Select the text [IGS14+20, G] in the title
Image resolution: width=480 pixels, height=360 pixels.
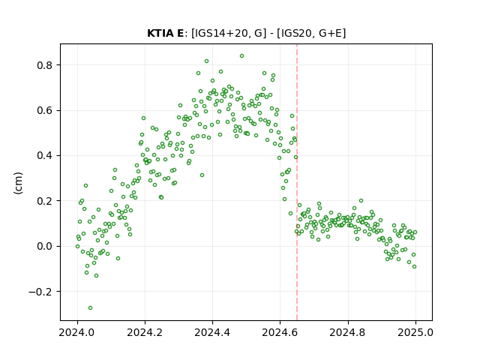click(x=229, y=33)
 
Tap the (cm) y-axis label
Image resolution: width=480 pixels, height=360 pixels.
click(x=18, y=183)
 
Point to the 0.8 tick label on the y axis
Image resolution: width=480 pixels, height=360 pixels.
click(x=44, y=65)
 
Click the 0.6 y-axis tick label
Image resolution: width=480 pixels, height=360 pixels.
click(x=44, y=110)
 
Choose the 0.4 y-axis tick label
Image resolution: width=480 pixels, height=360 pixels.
click(x=44, y=155)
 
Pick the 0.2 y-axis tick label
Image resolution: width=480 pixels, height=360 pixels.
click(x=44, y=201)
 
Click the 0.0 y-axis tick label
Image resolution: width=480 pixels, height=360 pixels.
click(x=44, y=246)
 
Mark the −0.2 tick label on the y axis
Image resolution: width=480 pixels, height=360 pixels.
click(x=40, y=292)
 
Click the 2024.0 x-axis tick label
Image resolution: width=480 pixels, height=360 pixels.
click(x=77, y=332)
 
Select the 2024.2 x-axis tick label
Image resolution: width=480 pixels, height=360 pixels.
click(x=145, y=332)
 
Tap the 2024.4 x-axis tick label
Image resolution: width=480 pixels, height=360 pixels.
click(x=212, y=332)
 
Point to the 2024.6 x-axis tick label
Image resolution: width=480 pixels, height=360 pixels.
click(x=280, y=332)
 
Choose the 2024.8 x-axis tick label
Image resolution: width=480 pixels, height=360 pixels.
click(x=348, y=332)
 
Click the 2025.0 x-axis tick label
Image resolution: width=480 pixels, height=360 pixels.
click(x=415, y=332)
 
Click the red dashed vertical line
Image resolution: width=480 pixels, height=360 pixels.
click(x=297, y=182)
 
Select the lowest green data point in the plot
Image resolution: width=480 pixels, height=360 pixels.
click(x=90, y=307)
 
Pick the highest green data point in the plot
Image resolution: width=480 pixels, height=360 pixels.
click(x=241, y=56)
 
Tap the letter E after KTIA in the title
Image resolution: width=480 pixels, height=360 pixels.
click(x=180, y=33)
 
